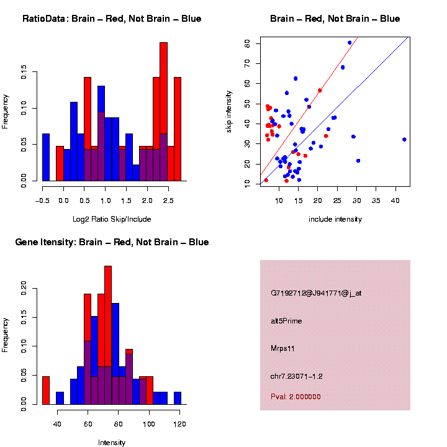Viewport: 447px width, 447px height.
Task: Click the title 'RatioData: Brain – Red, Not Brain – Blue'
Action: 112,19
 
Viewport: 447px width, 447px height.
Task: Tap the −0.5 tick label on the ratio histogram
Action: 42,201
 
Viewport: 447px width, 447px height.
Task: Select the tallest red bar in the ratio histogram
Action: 164,112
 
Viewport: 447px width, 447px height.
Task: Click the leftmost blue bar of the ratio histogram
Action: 46,158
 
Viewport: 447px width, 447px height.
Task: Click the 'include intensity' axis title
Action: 335,219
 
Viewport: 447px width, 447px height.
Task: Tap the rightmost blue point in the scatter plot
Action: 404,140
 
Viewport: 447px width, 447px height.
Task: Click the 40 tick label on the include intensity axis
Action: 395,201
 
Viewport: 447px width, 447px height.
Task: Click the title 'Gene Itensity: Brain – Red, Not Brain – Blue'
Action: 112,242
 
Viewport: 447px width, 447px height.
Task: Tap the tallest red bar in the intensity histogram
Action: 108,335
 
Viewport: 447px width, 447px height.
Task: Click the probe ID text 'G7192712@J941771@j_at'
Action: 316,293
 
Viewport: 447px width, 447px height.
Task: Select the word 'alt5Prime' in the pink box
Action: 286,321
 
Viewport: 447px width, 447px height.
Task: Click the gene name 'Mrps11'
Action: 282,348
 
